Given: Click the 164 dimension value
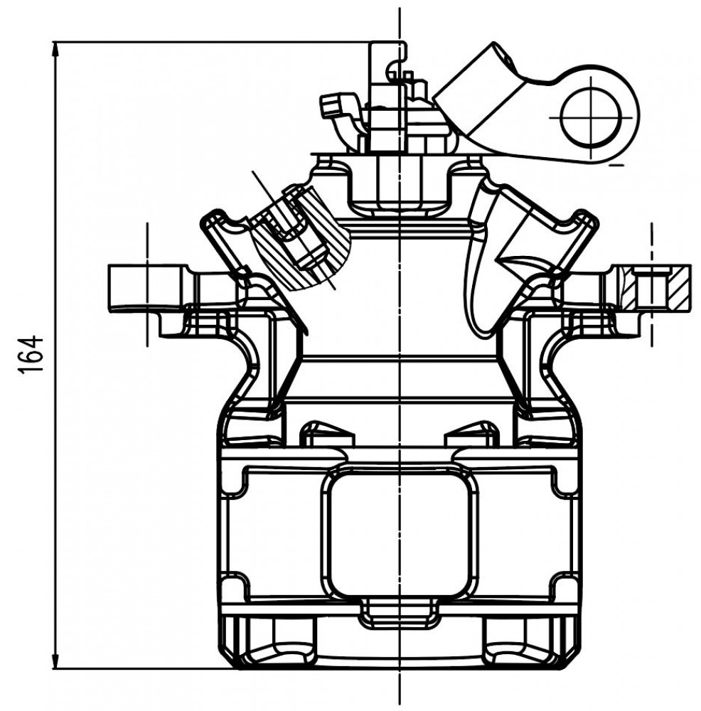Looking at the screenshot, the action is point(31,354).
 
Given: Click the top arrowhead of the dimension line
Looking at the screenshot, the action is point(56,50).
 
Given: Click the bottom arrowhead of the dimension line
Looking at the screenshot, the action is point(56,661).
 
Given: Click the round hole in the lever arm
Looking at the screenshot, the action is point(591,117).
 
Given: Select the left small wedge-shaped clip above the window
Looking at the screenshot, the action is point(327,434).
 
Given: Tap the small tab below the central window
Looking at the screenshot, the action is point(399,613).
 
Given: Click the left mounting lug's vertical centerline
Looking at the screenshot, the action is point(147,285).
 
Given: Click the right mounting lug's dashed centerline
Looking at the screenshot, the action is point(651,285).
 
